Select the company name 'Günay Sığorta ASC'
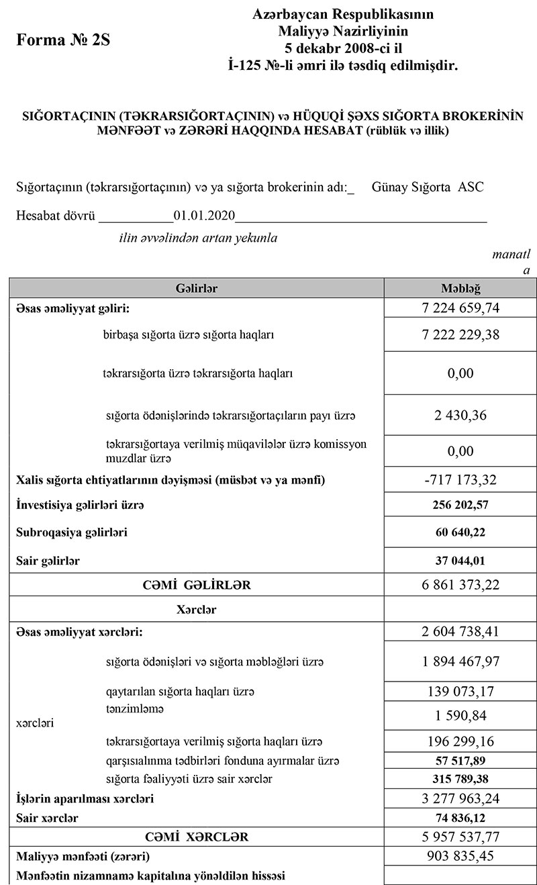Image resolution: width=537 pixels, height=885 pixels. click(x=427, y=187)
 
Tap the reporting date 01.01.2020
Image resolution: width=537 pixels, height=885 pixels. click(x=204, y=216)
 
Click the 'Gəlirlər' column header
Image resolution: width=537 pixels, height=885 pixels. click(x=197, y=288)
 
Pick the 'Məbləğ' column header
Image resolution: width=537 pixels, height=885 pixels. click(x=460, y=288)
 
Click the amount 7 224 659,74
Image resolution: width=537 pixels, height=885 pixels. click(x=460, y=308)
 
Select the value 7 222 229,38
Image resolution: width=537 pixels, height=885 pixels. click(x=460, y=334)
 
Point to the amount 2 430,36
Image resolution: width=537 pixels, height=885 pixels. click(x=460, y=415)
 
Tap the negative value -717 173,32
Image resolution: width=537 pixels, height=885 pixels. click(x=460, y=480)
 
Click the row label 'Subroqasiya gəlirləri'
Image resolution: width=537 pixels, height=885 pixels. click(x=72, y=532)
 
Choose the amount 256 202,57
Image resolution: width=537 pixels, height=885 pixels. click(x=460, y=505)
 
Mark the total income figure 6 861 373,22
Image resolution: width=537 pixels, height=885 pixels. click(x=460, y=585)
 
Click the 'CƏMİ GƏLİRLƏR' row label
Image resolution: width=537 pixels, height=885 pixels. click(x=197, y=585)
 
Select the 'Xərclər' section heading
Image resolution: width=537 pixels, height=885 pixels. click(x=196, y=610)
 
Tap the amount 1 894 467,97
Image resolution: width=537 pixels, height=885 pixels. click(x=460, y=662)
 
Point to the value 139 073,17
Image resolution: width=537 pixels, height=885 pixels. click(x=460, y=691)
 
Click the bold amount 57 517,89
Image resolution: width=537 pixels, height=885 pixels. click(x=460, y=761)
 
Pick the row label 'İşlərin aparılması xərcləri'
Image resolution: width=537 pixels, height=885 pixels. click(x=85, y=799)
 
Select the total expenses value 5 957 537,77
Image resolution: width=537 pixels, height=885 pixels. click(x=460, y=837)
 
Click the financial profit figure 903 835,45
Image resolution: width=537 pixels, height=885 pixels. click(x=460, y=856)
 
